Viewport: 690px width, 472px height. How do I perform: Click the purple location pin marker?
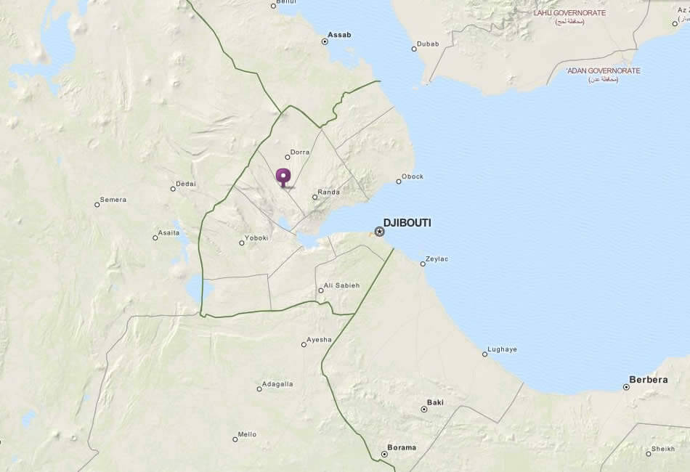tap(283, 176)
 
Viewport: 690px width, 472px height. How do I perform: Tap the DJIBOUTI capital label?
tap(407, 223)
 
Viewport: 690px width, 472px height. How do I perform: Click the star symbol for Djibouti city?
tap(379, 232)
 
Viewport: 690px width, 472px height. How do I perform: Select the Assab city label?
tap(339, 34)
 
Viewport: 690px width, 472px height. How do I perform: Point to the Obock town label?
tap(413, 176)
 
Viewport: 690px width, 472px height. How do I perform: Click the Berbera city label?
tap(648, 380)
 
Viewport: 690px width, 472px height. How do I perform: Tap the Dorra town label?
tap(300, 152)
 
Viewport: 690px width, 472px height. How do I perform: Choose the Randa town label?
tap(328, 192)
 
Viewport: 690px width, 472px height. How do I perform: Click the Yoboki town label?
tap(256, 237)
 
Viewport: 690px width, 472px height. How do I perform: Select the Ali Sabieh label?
tap(341, 285)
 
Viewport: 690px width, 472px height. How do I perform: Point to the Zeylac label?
tap(437, 259)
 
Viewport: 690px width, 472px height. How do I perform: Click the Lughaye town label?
tap(503, 349)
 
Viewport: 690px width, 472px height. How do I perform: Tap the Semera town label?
tap(113, 200)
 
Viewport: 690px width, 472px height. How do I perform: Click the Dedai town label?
tap(186, 184)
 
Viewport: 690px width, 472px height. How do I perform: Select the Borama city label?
tap(402, 447)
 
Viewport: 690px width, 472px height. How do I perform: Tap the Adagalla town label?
tap(277, 383)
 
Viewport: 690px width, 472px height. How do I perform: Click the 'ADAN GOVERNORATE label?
tap(604, 70)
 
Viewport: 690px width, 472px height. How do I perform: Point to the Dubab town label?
tap(429, 44)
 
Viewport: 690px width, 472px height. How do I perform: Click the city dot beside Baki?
tap(424, 410)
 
